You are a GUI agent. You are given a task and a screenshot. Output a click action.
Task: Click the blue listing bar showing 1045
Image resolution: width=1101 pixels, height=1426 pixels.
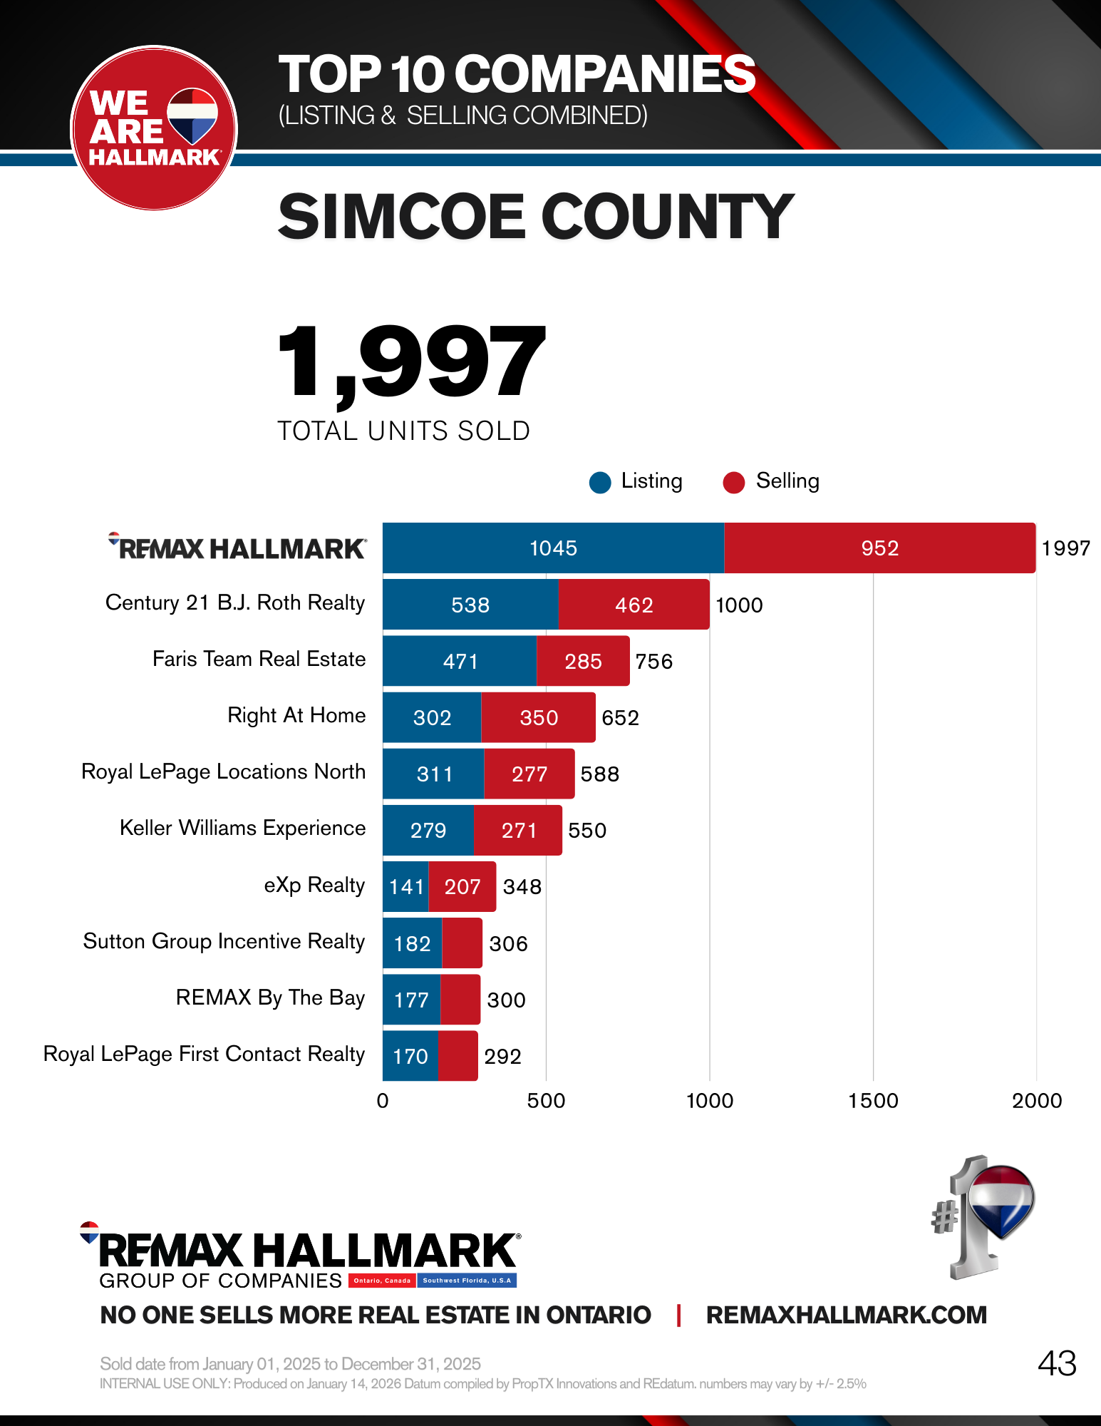(x=553, y=548)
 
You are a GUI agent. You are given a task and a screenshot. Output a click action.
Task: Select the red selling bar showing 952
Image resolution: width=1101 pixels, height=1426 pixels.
(x=879, y=548)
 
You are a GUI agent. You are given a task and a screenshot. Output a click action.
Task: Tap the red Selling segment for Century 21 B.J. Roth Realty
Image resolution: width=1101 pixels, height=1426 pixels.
(x=634, y=605)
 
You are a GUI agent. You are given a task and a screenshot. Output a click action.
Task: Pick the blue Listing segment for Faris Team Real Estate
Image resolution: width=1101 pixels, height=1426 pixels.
(x=460, y=661)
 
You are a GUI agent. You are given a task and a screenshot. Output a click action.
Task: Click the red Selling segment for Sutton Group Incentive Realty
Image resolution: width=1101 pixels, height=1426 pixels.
(x=462, y=943)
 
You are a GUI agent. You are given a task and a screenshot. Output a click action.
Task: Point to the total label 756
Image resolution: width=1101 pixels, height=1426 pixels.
(x=653, y=662)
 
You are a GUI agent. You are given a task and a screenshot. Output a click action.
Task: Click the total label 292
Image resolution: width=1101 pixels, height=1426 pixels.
(x=502, y=1057)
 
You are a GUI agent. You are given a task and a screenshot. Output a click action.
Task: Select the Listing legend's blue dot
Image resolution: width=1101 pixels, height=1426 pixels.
(x=600, y=483)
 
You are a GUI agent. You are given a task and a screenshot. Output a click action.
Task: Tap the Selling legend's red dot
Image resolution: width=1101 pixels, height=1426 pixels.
(x=733, y=483)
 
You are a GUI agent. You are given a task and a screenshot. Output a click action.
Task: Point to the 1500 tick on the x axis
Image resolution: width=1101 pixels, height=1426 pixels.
(x=873, y=1101)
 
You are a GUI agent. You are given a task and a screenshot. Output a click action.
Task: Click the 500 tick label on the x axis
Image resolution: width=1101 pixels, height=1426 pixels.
(x=546, y=1101)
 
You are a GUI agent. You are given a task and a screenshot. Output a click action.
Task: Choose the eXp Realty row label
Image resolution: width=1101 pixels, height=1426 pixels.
(x=314, y=886)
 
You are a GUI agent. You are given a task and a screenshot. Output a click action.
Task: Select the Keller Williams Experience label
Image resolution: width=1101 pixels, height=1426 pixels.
(x=242, y=829)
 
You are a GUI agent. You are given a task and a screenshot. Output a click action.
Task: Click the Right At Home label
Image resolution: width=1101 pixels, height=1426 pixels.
(x=296, y=715)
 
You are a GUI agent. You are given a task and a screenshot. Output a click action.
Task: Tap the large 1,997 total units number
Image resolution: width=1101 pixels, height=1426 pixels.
(x=411, y=362)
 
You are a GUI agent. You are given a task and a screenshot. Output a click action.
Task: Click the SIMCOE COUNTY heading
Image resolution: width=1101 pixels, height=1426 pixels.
(x=535, y=217)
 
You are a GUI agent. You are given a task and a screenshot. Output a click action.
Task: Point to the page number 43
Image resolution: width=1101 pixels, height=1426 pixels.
(x=1057, y=1363)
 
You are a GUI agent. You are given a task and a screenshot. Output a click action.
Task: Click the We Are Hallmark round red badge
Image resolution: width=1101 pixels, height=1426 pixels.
(x=154, y=129)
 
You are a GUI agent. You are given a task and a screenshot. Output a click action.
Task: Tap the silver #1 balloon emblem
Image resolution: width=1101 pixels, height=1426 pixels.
(x=983, y=1216)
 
